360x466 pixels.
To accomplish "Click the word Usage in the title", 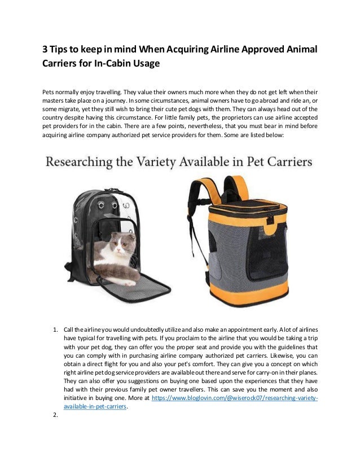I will [x=150, y=63].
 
